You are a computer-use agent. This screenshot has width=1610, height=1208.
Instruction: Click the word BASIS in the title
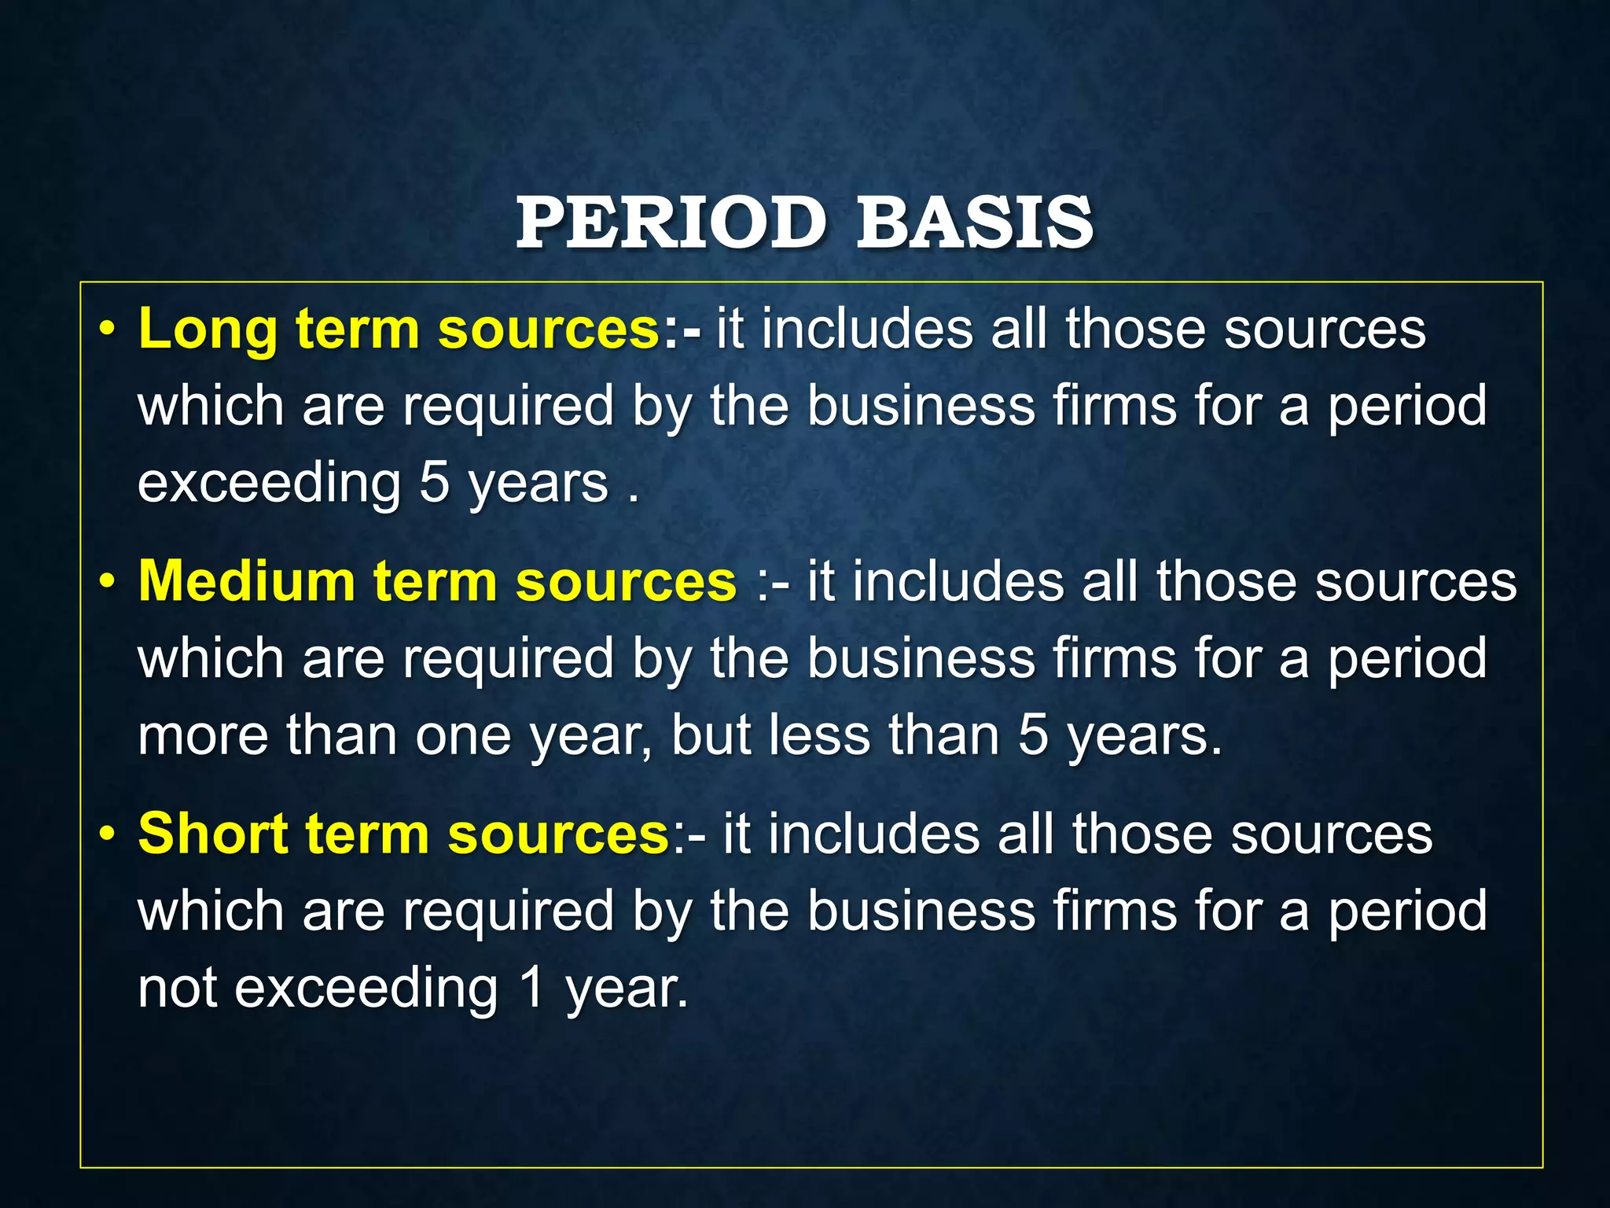point(974,223)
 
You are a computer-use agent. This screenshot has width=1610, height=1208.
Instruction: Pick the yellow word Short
point(213,834)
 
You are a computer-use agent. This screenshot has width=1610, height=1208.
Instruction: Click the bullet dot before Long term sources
point(108,330)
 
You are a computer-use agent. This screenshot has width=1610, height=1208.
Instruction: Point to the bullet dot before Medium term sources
point(108,582)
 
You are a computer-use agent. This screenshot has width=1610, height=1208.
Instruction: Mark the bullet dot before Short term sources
point(108,834)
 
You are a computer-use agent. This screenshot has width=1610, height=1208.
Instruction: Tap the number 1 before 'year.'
point(532,988)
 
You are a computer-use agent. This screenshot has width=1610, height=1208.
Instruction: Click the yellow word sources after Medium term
point(626,582)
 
